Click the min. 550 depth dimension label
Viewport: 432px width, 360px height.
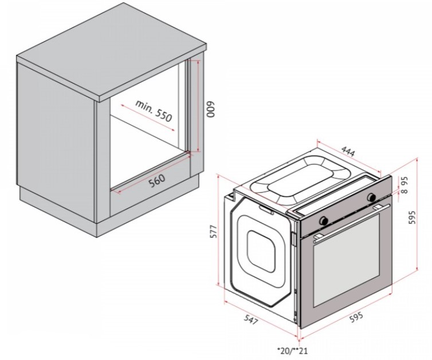[x=154, y=110]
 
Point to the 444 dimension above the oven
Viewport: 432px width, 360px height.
[x=348, y=152]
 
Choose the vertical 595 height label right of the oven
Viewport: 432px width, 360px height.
[x=411, y=217]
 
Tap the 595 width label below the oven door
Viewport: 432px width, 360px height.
[x=356, y=317]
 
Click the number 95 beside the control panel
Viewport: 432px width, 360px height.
[x=404, y=181]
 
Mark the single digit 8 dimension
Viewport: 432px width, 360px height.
[x=404, y=191]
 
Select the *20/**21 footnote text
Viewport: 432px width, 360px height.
[x=292, y=351]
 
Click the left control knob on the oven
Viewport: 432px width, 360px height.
[x=323, y=220]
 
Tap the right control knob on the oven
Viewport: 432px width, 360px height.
[x=372, y=197]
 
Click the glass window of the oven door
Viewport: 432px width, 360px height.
[x=346, y=260]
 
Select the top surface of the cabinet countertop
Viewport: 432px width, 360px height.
[x=111, y=50]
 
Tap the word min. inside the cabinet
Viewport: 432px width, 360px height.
[x=144, y=106]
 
